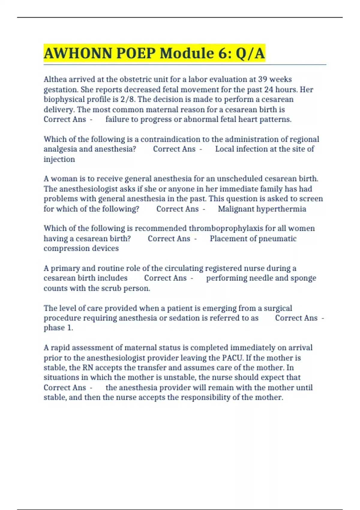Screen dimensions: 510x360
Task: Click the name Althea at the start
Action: pyautogui.click(x=55, y=79)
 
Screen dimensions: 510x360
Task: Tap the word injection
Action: pyautogui.click(x=59, y=159)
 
